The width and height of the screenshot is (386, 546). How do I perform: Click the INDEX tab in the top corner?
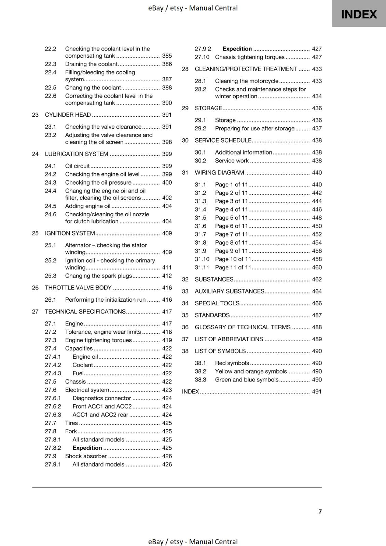pyautogui.click(x=359, y=14)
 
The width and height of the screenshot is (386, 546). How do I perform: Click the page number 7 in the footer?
pyautogui.click(x=320, y=511)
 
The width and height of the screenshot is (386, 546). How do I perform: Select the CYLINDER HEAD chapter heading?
pyautogui.click(x=68, y=115)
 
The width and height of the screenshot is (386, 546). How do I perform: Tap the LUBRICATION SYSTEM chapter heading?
pyautogui.click(x=77, y=154)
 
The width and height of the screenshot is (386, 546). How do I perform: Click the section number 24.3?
pyautogui.click(x=51, y=183)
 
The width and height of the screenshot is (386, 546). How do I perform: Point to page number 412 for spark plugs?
pyautogui.click(x=167, y=276)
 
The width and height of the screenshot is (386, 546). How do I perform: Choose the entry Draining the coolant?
pyautogui.click(x=91, y=64)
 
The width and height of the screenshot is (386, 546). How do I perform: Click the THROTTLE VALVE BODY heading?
pyautogui.click(x=78, y=288)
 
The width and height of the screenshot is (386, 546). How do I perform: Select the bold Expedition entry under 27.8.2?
pyautogui.click(x=87, y=448)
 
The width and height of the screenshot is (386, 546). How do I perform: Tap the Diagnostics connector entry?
pyautogui.click(x=102, y=398)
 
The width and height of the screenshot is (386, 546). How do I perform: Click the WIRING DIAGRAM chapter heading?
pyautogui.click(x=219, y=173)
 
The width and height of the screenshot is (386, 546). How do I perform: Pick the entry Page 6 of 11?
pyautogui.click(x=231, y=226)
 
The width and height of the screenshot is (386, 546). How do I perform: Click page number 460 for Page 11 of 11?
pyautogui.click(x=317, y=268)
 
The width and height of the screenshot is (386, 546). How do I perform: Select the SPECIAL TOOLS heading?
pyautogui.click(x=217, y=303)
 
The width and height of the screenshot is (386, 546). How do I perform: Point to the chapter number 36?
pyautogui.click(x=185, y=327)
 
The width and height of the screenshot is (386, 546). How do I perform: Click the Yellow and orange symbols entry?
pyautogui.click(x=251, y=371)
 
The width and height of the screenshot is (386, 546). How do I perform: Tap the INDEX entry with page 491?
pyautogui.click(x=190, y=392)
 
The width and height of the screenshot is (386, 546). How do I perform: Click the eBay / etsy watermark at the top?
pyautogui.click(x=193, y=8)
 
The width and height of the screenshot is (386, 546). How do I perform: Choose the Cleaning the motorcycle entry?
pyautogui.click(x=247, y=81)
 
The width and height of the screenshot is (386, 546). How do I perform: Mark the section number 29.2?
pyautogui.click(x=201, y=129)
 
